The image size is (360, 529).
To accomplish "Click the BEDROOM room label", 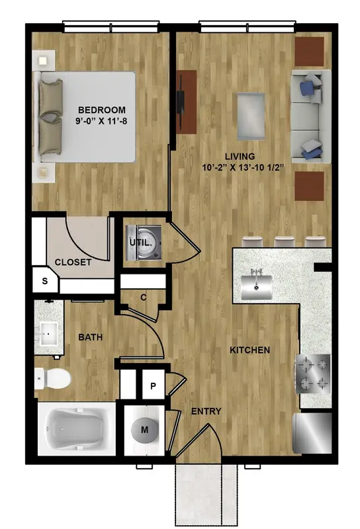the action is pos(102,110).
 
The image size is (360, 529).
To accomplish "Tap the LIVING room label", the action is pos(240,157).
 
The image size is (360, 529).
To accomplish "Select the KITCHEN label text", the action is pos(249,350).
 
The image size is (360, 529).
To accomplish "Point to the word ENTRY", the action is pos(206,411).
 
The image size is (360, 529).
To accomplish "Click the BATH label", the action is pos(90,337).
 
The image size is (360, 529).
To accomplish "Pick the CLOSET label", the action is pos(73,262).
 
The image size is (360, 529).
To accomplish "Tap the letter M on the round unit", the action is pos(144,430).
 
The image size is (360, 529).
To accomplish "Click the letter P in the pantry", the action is pos(153,386).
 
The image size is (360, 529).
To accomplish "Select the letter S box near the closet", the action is pos(45,280).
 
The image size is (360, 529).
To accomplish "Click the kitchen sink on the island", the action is pos(257,286).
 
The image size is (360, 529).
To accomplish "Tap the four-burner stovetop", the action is pos(313,374).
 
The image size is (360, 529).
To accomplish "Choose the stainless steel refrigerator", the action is pos(312,433).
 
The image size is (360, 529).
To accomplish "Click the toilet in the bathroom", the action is pos(52,378).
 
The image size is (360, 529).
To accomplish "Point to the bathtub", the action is pos(76,428).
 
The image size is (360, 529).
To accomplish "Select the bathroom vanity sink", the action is pos(48,334).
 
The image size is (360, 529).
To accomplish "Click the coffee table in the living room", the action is pos(251,116).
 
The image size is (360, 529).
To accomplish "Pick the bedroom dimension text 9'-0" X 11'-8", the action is pos(101,121).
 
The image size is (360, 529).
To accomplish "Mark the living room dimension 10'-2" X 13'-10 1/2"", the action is pos(242,168).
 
